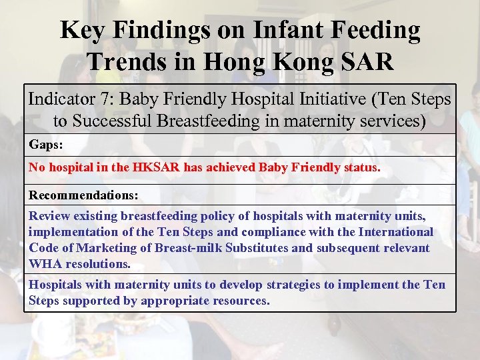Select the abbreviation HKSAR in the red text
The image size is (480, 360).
(157, 168)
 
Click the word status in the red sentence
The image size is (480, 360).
(359, 168)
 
